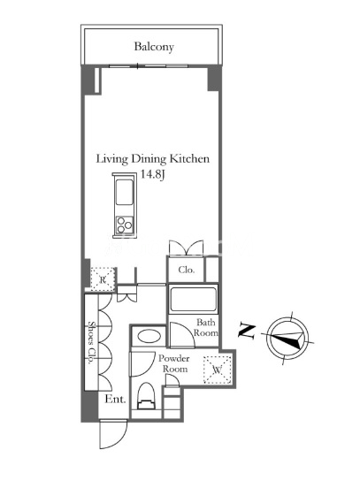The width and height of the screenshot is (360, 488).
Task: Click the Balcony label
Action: click(x=154, y=47)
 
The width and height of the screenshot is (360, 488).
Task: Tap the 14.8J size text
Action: click(x=152, y=174)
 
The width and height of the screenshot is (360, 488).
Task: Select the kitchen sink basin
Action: click(x=124, y=192)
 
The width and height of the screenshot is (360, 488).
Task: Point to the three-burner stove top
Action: click(x=124, y=225)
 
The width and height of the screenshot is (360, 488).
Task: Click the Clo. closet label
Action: click(x=187, y=270)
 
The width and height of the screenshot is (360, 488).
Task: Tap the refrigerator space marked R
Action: click(x=103, y=279)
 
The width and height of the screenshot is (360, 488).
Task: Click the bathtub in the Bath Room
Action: click(x=193, y=300)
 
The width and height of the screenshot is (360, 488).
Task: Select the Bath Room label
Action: click(x=205, y=327)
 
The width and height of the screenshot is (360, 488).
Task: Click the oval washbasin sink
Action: click(x=149, y=336)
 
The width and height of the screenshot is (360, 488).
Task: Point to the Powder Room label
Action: click(x=173, y=363)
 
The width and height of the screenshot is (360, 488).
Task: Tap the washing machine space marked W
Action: click(x=218, y=370)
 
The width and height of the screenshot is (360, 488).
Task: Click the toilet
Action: click(x=146, y=395)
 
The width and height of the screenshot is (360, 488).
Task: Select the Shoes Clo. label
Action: click(x=91, y=343)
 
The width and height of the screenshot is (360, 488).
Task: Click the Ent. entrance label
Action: click(x=115, y=399)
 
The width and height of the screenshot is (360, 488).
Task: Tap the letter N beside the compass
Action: click(x=247, y=332)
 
